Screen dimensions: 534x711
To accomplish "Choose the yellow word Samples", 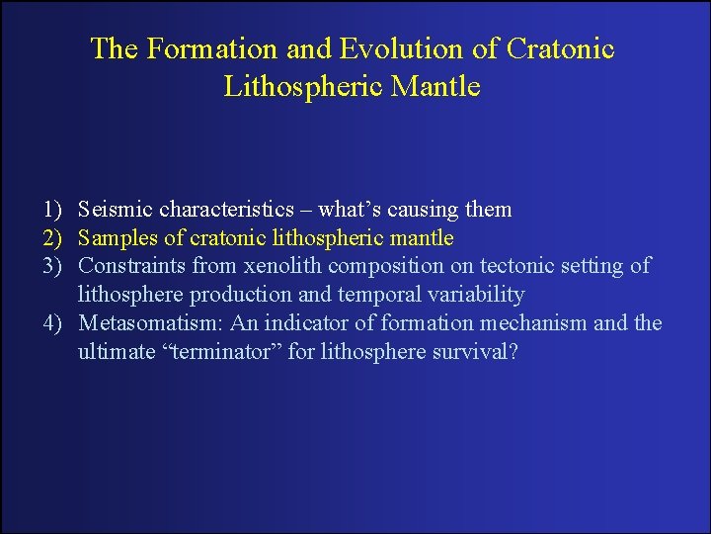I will pyautogui.click(x=117, y=238).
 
